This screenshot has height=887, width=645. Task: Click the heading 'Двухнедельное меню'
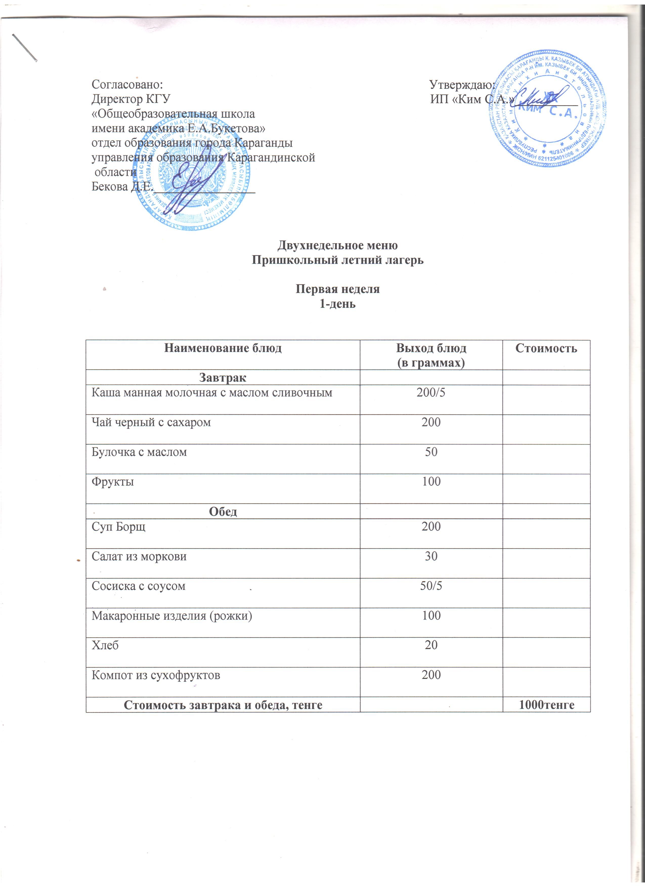click(x=338, y=245)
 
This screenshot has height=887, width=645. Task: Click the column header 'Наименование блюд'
click(x=223, y=348)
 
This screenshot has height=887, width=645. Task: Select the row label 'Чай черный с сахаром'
click(x=151, y=422)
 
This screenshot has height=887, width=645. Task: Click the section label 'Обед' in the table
click(x=223, y=512)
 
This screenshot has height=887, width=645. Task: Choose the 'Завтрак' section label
click(x=223, y=378)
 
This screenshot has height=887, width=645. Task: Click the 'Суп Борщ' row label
click(x=119, y=526)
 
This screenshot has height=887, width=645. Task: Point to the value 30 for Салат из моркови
click(x=431, y=556)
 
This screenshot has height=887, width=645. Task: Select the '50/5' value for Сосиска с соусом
click(x=431, y=586)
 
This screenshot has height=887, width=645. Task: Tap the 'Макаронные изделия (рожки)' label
click(x=172, y=616)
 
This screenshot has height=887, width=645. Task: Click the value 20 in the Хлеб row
click(x=431, y=645)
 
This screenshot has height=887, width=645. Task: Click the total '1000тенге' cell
click(x=546, y=705)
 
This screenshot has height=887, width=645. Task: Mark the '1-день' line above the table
click(x=338, y=304)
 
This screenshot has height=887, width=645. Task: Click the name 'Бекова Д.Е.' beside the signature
click(x=122, y=187)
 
